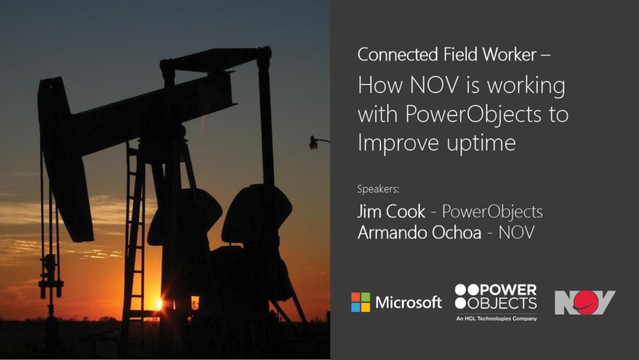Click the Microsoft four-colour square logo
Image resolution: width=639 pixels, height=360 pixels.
coord(360,302)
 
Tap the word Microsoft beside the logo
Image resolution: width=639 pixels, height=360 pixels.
coord(408,302)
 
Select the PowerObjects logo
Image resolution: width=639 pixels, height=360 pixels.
coord(496,302)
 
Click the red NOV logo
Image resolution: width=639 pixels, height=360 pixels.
coord(585,302)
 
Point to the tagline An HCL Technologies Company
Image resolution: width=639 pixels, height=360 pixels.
coord(497,318)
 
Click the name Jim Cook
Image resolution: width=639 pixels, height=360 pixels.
coord(391,211)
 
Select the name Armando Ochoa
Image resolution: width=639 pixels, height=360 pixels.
coord(419,232)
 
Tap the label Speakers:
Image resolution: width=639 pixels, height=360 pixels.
coord(378,189)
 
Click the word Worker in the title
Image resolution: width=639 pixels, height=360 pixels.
coord(509,54)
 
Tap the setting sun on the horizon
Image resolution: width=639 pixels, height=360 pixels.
coord(159,303)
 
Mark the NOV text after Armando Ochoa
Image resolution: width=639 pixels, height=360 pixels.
coord(516,232)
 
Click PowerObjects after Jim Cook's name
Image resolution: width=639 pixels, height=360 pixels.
coord(492,212)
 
